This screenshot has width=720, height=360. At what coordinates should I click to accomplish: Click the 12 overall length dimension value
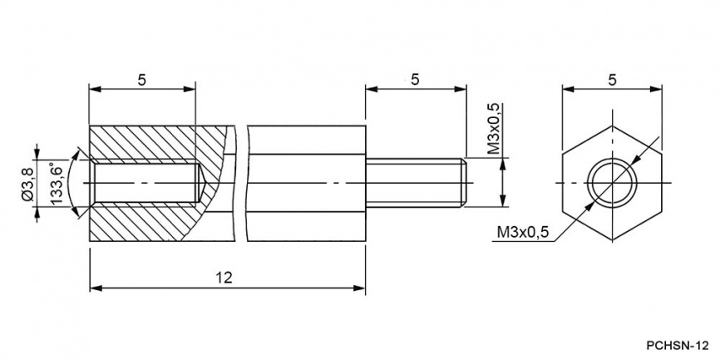tap(225, 278)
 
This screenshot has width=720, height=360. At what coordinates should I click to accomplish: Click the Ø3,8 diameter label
tap(28, 184)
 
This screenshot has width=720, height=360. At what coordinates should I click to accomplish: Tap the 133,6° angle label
tap(56, 184)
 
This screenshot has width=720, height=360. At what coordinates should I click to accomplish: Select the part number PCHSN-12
tap(678, 345)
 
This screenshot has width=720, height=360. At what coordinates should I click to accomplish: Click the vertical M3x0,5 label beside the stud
tap(494, 129)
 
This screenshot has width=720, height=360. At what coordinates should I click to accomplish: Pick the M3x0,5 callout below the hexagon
tap(523, 232)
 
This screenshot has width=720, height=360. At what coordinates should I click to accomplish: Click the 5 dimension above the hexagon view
tap(612, 80)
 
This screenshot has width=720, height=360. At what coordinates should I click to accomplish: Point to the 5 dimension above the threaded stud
tap(415, 80)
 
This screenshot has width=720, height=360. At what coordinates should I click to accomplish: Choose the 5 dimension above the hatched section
tap(142, 80)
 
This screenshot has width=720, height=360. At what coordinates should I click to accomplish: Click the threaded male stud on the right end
tap(416, 183)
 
